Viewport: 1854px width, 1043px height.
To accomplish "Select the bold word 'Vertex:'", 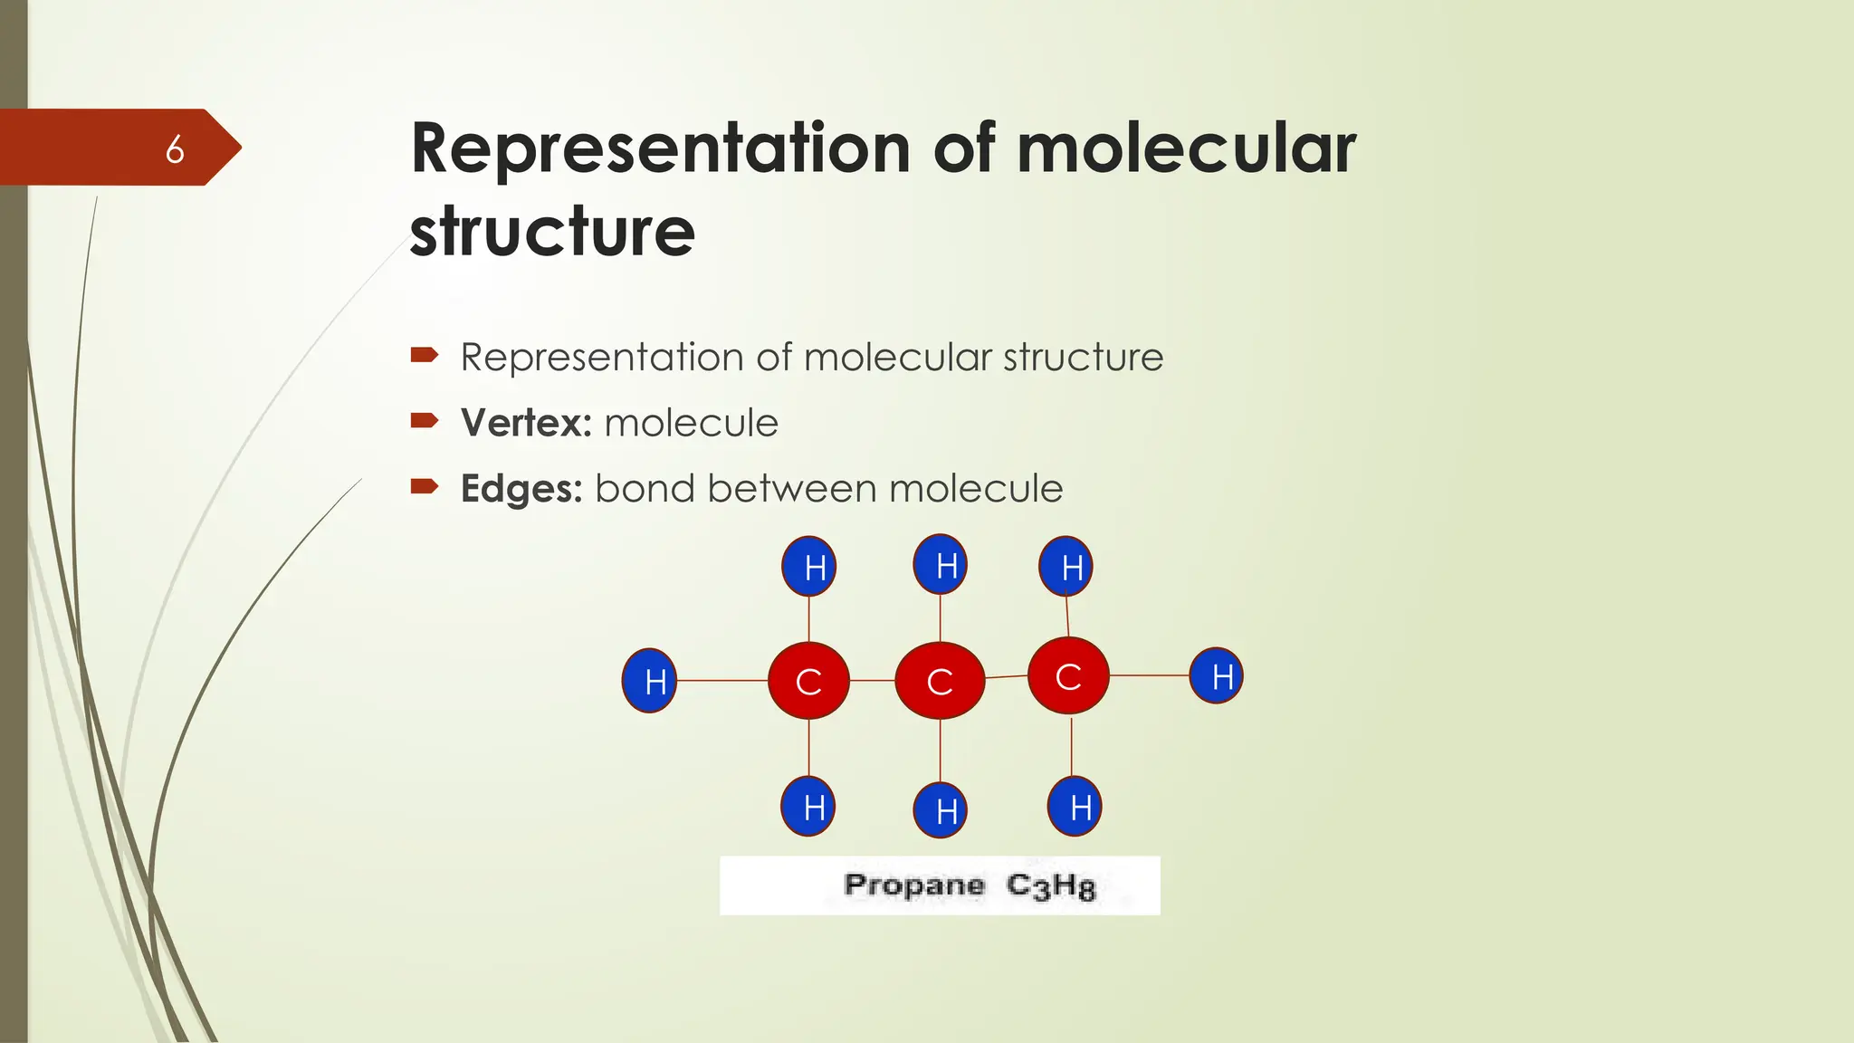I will pyautogui.click(x=526, y=423).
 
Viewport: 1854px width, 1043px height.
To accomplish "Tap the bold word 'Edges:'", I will pyautogui.click(x=521, y=489).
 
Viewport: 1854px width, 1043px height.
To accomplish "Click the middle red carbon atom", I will pyautogui.click(x=940, y=681).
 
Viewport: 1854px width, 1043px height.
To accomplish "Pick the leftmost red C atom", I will pyautogui.click(x=808, y=681).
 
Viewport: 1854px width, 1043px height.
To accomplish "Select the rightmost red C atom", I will pyautogui.click(x=1068, y=675).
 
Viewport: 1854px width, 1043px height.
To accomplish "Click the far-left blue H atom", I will pyautogui.click(x=650, y=681).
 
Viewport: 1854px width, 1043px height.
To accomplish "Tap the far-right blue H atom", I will pyautogui.click(x=1216, y=675).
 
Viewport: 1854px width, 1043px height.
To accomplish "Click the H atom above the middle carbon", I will pyautogui.click(x=941, y=565).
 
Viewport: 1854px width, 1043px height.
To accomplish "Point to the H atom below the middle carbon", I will pyautogui.click(x=941, y=810).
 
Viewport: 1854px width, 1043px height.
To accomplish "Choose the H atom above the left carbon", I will pyautogui.click(x=808, y=567).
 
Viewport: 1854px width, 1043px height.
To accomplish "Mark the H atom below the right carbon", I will pyautogui.click(x=1075, y=806).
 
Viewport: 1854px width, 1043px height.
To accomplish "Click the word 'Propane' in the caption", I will pyautogui.click(x=913, y=885).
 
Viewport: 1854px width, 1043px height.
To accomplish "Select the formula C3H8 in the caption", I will pyautogui.click(x=1051, y=885).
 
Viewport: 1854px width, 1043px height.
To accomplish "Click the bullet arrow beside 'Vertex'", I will pyautogui.click(x=424, y=420).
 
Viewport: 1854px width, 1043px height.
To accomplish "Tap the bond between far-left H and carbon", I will pyautogui.click(x=722, y=681).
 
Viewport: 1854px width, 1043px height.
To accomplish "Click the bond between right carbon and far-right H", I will pyautogui.click(x=1149, y=675).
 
